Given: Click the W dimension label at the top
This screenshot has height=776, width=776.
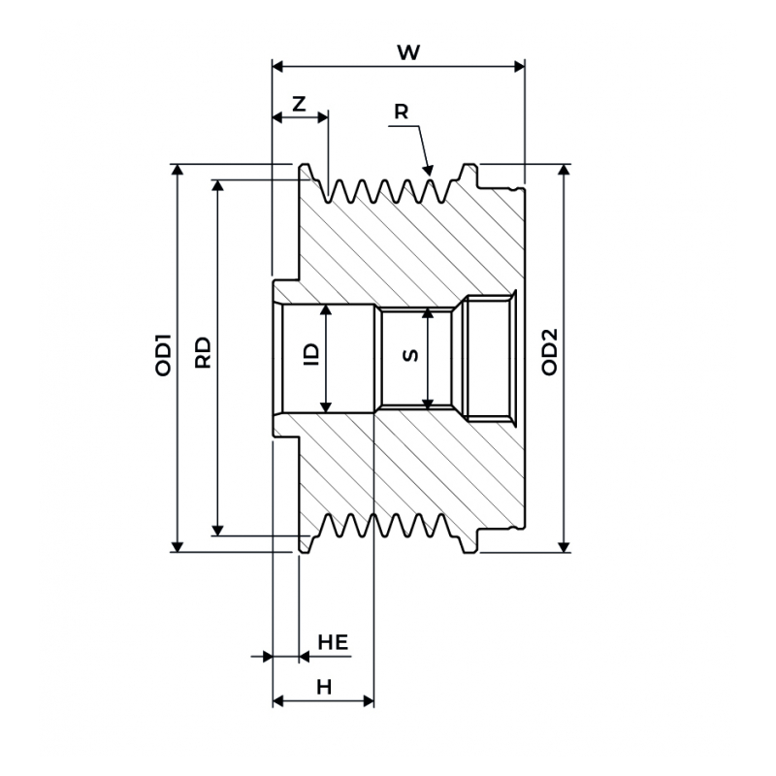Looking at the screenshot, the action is pos(408,52).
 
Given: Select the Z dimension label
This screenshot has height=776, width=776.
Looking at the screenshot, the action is pos(299,104).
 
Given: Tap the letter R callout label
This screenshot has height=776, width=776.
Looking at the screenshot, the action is pos(401,112).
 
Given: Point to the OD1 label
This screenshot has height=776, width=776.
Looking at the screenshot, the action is pos(163,355).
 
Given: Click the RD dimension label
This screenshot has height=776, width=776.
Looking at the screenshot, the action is pos(203,352).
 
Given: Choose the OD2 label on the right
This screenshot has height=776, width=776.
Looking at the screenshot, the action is pos(549,351).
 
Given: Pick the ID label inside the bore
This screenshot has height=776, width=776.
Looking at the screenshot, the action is pos(311,354).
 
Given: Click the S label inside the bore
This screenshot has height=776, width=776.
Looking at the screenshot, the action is pos(410,355).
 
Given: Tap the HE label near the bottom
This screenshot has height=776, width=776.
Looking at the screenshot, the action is pos(333,642).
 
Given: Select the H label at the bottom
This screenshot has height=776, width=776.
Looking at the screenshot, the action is pos(324,688).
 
